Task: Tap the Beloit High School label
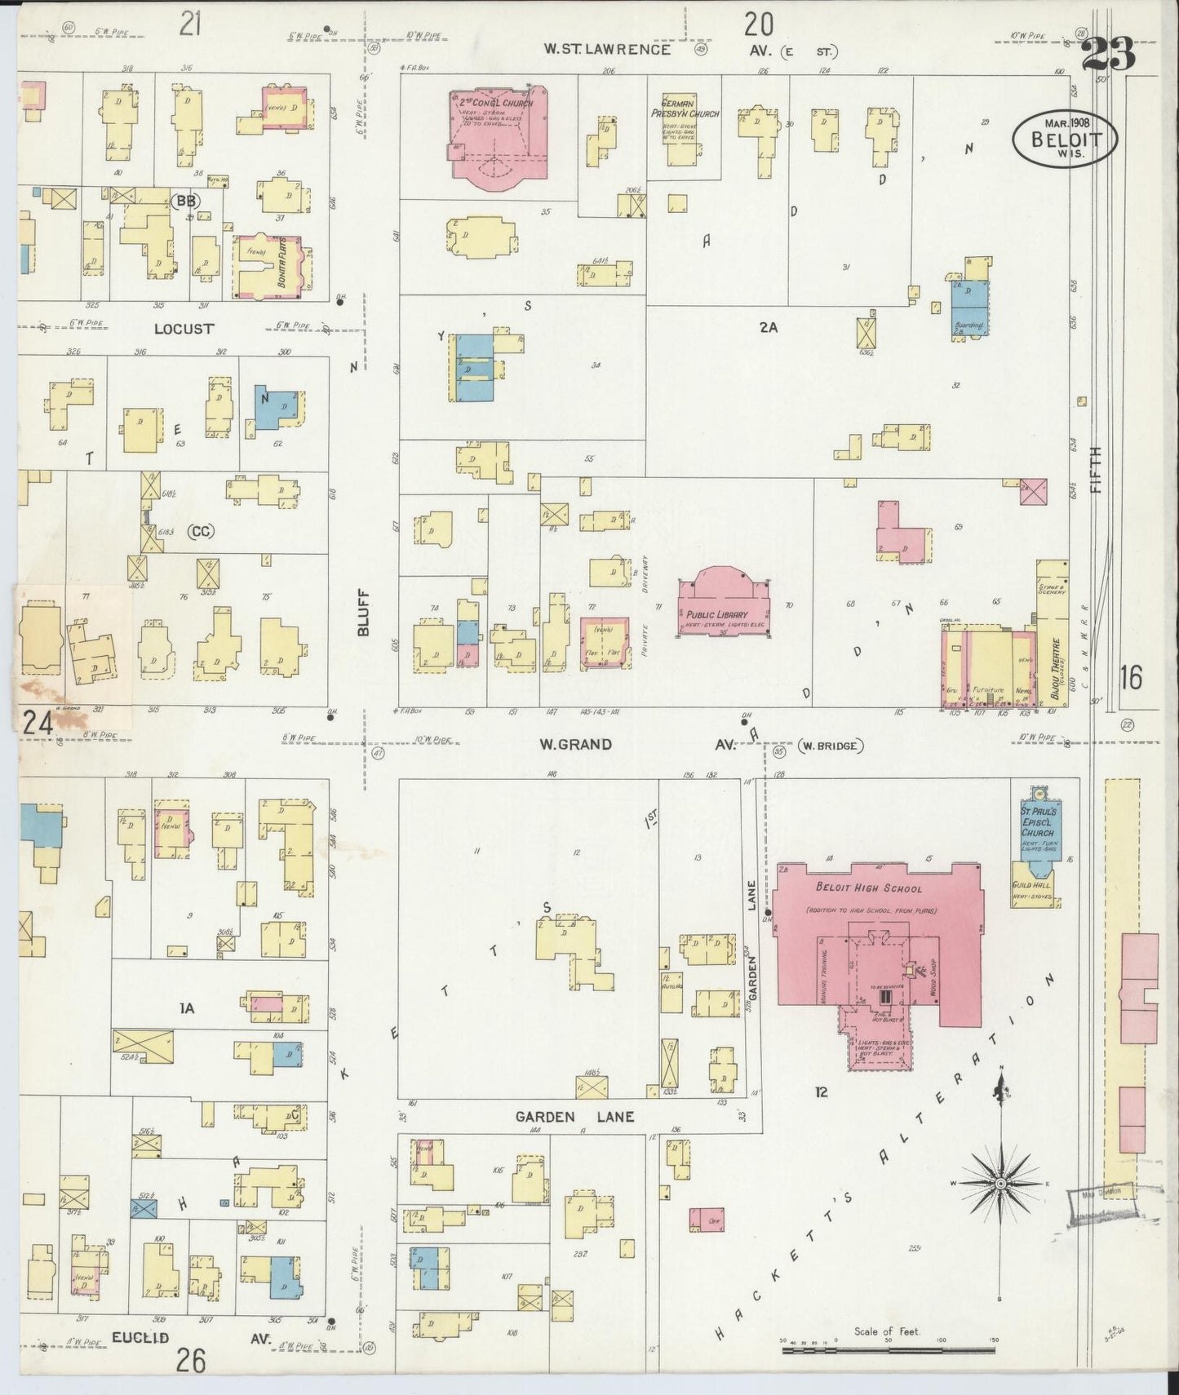point(868,888)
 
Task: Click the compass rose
point(1000,1183)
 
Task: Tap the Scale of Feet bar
point(888,1351)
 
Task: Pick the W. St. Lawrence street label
point(608,50)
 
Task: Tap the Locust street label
point(184,329)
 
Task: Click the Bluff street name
point(364,613)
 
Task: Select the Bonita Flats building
point(272,266)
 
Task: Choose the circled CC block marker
point(200,532)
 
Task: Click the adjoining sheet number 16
point(1131,677)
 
